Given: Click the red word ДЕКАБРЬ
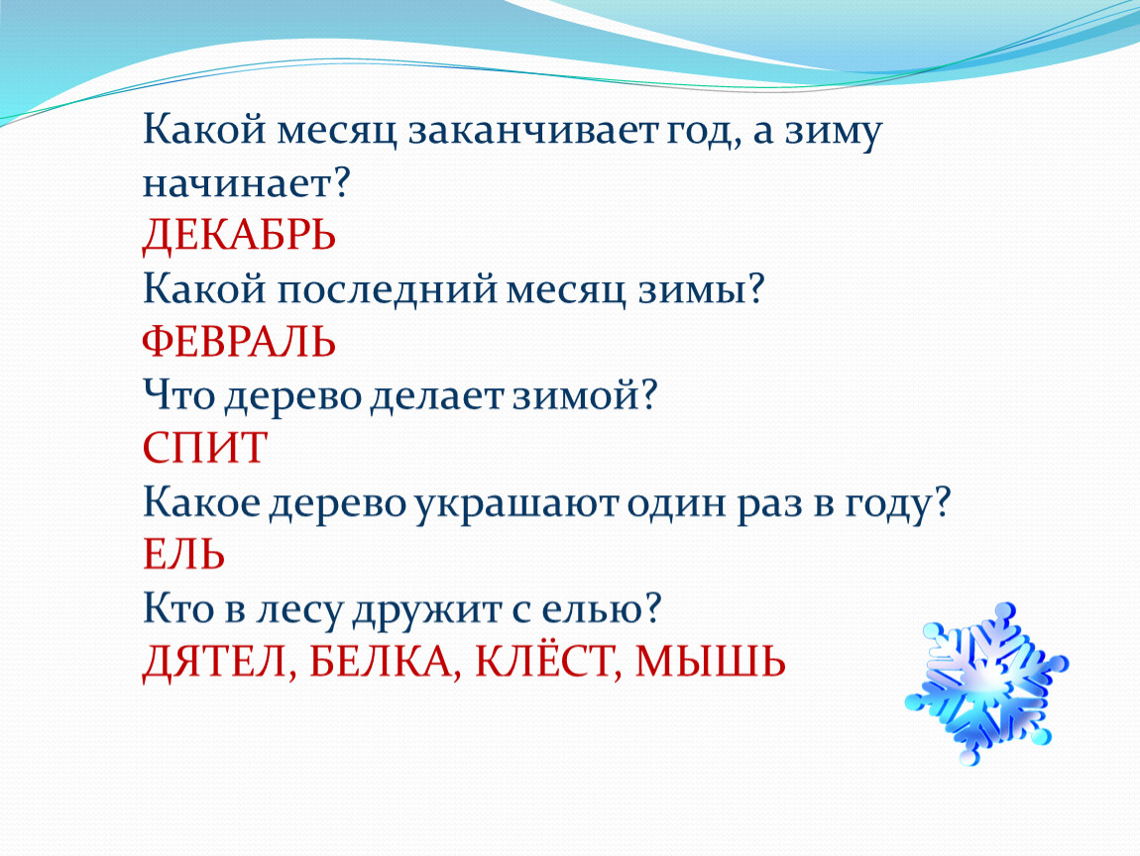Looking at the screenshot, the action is click(239, 236).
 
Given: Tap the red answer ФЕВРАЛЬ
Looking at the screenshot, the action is click(239, 341).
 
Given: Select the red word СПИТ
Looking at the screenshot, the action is click(205, 448).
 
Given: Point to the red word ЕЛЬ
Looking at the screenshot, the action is click(183, 555).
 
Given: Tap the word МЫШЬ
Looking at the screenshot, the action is click(711, 661).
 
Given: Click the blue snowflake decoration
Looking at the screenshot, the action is click(986, 683).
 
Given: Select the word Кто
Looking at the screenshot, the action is click(178, 608).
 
